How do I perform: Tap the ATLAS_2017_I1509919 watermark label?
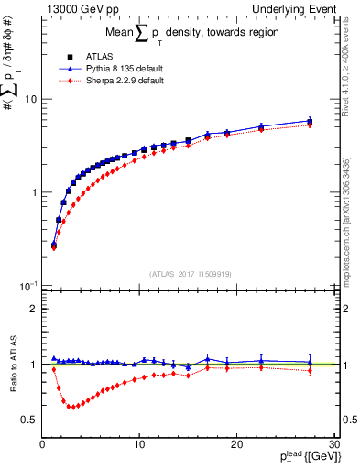pyautogui.click(x=191, y=273)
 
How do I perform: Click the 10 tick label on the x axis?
pyautogui.click(x=139, y=444)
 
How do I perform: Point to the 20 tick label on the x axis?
pyautogui.click(x=236, y=444)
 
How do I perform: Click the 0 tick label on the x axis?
pyautogui.click(x=43, y=444)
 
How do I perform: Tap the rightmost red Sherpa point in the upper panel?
pyautogui.click(x=310, y=125)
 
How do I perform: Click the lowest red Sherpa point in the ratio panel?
pyautogui.click(x=71, y=407)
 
